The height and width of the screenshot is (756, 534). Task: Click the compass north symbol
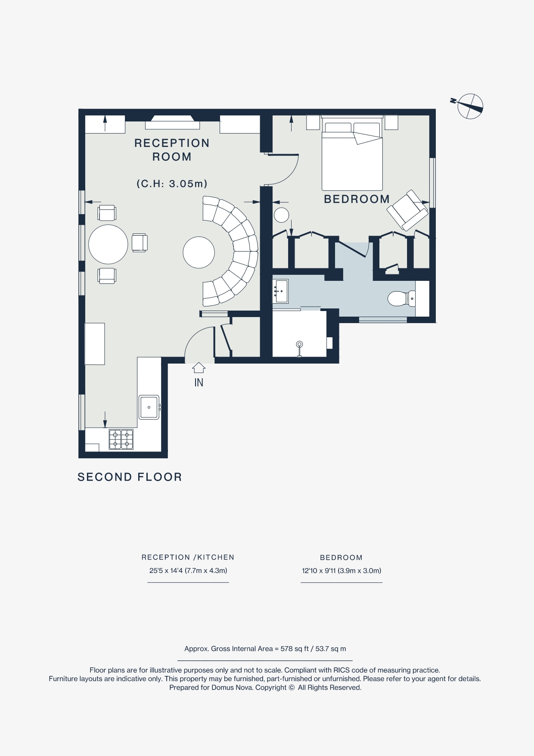(x=470, y=106)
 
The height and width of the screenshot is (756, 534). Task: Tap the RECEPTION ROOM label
(x=172, y=149)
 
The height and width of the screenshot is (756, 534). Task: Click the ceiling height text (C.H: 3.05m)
(x=172, y=184)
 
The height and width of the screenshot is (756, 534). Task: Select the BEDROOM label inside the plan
(x=357, y=199)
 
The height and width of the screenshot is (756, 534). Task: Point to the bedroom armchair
(x=407, y=210)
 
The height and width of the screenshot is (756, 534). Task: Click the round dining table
(x=108, y=244)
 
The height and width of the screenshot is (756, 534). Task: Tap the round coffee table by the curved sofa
(x=199, y=252)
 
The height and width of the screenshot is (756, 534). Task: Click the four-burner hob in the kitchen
(x=121, y=439)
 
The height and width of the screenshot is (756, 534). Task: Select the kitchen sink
(x=149, y=407)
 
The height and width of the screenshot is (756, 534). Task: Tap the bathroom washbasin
(x=280, y=291)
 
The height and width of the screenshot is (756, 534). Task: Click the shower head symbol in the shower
(x=299, y=345)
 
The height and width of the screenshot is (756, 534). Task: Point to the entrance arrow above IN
(x=199, y=367)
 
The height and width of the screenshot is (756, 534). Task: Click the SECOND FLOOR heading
(x=130, y=477)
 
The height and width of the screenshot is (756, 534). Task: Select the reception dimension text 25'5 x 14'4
(x=188, y=570)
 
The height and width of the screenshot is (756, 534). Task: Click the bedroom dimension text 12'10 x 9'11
(x=341, y=570)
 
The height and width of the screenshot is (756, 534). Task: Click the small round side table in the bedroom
(x=282, y=215)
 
